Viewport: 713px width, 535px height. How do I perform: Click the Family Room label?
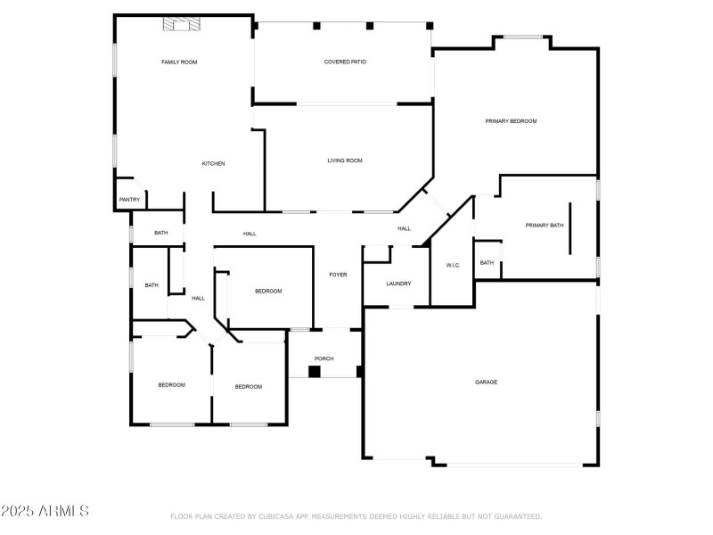point(179,62)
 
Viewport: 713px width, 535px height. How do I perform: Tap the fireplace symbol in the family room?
point(182,24)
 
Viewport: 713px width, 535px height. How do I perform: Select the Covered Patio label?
point(345,62)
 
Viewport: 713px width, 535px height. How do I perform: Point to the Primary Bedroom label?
point(511,121)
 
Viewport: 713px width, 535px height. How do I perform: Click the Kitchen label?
point(213,163)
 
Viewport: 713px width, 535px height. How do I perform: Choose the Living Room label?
point(345,160)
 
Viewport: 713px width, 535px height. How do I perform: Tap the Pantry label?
point(129,199)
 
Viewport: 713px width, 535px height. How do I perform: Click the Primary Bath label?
point(545,226)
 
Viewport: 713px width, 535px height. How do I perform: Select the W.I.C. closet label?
point(453,265)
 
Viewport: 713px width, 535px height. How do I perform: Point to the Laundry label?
point(398,284)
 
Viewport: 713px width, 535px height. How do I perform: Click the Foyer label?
point(338,275)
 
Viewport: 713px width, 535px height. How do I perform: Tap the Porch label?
point(324,358)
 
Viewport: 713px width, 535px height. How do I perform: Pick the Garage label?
point(486,383)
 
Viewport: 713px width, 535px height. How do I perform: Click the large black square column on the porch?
point(315,372)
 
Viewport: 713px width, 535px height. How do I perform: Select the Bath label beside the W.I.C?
point(487,262)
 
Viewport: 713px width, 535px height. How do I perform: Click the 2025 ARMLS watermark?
point(45,510)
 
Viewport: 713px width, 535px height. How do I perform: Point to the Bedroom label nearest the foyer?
point(268,292)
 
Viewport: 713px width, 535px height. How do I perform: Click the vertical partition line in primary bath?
point(570,228)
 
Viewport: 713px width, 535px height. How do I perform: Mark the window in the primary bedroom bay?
point(523,37)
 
